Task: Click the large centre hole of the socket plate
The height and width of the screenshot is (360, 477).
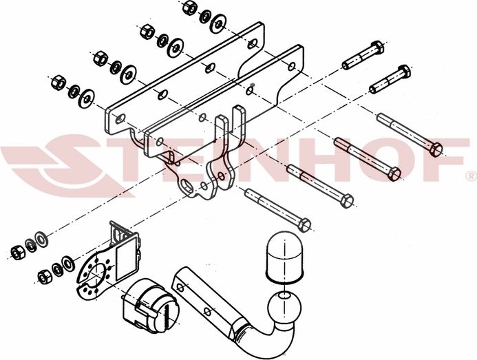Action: (x=92, y=272)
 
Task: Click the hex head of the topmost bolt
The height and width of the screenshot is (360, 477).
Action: (x=375, y=50)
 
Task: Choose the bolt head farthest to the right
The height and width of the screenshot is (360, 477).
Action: (x=438, y=147)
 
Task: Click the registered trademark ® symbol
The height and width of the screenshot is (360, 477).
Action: (x=470, y=173)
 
